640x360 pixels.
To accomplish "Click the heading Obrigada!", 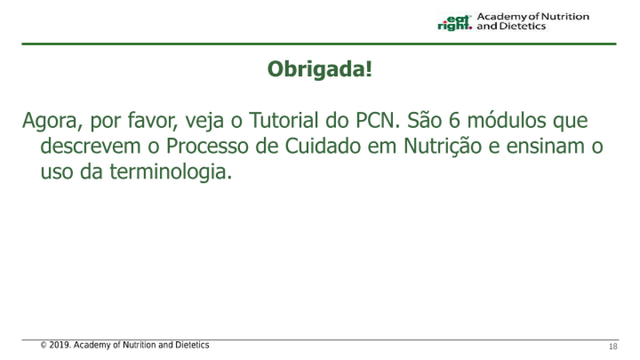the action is pyautogui.click(x=319, y=69).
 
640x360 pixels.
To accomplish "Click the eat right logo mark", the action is pyautogui.click(x=454, y=22).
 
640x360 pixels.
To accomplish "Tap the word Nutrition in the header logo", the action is pyautogui.click(x=565, y=17).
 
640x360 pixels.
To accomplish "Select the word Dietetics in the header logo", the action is pyautogui.click(x=522, y=26).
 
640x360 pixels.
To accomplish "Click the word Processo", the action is pyautogui.click(x=207, y=146).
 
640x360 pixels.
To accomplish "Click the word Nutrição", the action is pyautogui.click(x=442, y=146).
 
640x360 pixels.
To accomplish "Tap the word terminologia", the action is pyautogui.click(x=170, y=172).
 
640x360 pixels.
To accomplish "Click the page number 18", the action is pyautogui.click(x=613, y=346).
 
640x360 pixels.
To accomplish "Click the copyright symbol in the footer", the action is pyautogui.click(x=43, y=346).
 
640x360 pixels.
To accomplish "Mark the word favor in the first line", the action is pyautogui.click(x=153, y=120).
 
